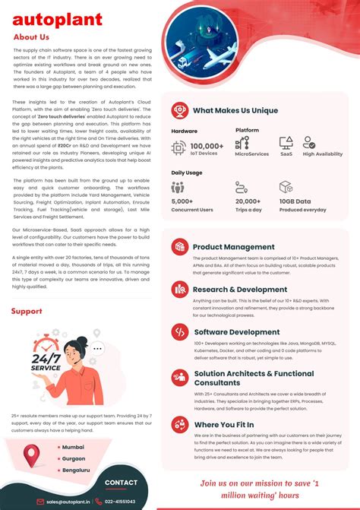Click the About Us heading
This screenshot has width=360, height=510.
coord(31,36)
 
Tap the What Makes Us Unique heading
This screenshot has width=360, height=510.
coord(235,110)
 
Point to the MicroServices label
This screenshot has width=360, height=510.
coord(251,154)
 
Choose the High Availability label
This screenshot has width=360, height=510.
coord(322,154)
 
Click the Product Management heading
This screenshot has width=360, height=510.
coord(233,247)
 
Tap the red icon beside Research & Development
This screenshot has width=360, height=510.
coord(180,289)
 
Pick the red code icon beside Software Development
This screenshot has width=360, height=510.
coord(180,332)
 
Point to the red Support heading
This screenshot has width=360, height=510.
coord(27,312)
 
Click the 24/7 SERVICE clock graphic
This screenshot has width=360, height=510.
coord(46,360)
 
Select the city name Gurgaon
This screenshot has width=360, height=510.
coord(74,458)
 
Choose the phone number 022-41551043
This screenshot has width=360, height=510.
coord(120,502)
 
